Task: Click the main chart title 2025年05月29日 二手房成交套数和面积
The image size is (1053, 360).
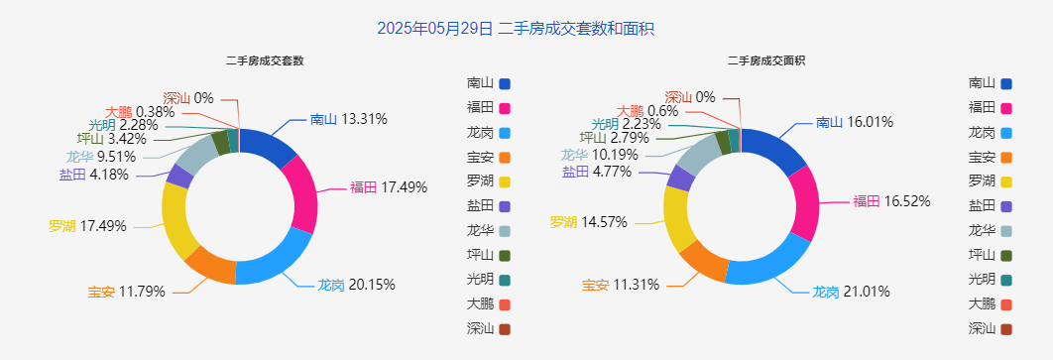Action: [x=516, y=29]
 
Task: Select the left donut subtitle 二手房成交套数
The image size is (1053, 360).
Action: [x=265, y=60]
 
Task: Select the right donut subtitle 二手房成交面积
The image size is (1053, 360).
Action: [x=766, y=60]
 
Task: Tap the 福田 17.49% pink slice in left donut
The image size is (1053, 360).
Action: [x=301, y=192]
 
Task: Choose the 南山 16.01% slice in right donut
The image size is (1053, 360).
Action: [x=777, y=151]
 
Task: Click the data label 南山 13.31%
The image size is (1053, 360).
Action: [x=348, y=120]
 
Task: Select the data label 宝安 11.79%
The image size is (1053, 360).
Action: [x=126, y=292]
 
